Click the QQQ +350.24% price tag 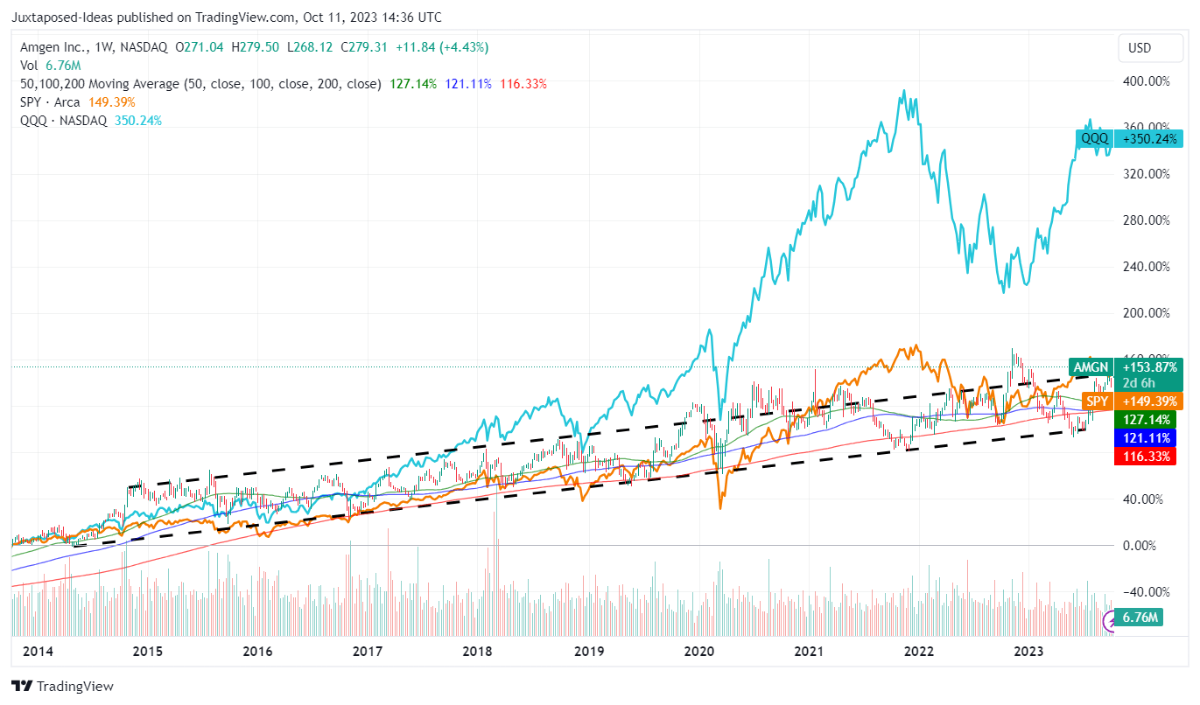[1129, 138]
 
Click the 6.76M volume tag [1141, 618]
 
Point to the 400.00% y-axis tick [1147, 81]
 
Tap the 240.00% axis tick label [1147, 267]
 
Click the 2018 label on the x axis [477, 652]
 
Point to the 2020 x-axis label [698, 652]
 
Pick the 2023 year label [1028, 652]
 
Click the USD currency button [1139, 48]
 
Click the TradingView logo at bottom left [62, 687]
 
